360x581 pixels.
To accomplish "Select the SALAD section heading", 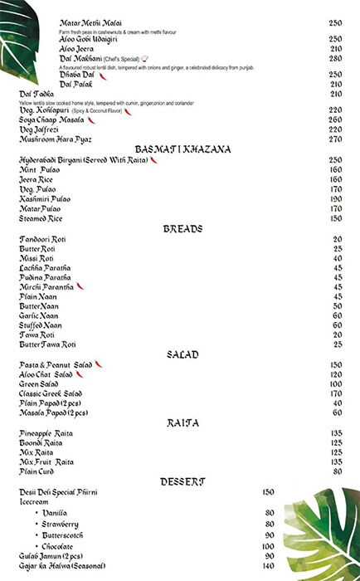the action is [182, 354].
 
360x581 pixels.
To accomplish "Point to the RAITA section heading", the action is [182, 422].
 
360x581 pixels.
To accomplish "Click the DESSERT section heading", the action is [182, 481].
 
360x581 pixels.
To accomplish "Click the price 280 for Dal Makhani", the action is [335, 59].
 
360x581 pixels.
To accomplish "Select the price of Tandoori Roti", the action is [338, 239].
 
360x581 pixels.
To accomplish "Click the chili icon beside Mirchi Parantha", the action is [80, 286].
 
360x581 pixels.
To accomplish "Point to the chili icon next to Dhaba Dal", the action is [103, 75].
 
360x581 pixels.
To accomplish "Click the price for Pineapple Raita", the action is [337, 432].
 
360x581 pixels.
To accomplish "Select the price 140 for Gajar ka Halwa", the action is [268, 565].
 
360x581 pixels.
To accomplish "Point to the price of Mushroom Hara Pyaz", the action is [335, 139].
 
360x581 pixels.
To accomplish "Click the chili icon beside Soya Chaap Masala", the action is [103, 120].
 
